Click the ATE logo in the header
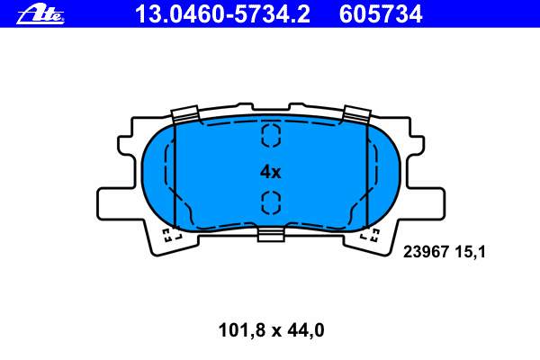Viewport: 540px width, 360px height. pyautogui.click(x=40, y=14)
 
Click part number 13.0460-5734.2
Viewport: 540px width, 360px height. pyautogui.click(x=222, y=14)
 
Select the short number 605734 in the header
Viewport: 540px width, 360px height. pyautogui.click(x=381, y=14)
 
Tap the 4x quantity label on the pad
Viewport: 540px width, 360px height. pyautogui.click(x=270, y=172)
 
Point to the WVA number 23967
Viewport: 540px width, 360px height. pyautogui.click(x=426, y=252)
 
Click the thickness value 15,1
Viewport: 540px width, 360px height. pyautogui.click(x=470, y=252)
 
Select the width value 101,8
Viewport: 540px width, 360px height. pyautogui.click(x=242, y=330)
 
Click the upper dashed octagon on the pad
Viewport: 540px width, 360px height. pyautogui.click(x=271, y=135)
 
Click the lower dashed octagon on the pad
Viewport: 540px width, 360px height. pyautogui.click(x=271, y=202)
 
